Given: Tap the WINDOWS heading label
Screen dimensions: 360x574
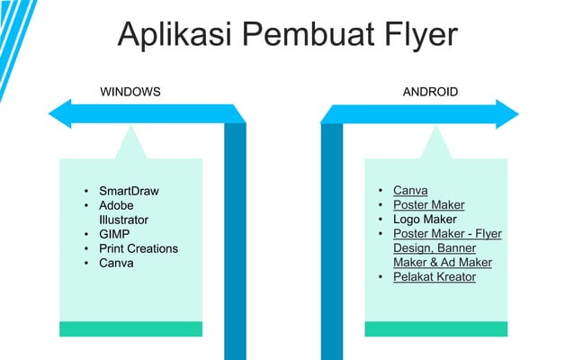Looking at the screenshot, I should pyautogui.click(x=130, y=92).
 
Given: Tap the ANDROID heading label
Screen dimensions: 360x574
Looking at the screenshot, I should pyautogui.click(x=430, y=92).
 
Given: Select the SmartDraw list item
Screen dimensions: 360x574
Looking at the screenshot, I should pyautogui.click(x=129, y=191).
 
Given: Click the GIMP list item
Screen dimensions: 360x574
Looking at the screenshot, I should pyautogui.click(x=114, y=234).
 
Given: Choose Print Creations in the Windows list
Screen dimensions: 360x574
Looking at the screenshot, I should pyautogui.click(x=139, y=248).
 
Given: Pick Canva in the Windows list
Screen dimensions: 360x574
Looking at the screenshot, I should pyautogui.click(x=116, y=263).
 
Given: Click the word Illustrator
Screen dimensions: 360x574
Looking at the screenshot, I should pyautogui.click(x=124, y=220).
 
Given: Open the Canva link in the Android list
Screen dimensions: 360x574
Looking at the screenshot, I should pyautogui.click(x=410, y=191).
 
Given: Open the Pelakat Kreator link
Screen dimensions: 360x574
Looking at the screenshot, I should pyautogui.click(x=435, y=277).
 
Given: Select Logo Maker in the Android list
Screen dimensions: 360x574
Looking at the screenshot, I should pyautogui.click(x=425, y=220).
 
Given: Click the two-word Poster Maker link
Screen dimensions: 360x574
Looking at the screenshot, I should pyautogui.click(x=429, y=205).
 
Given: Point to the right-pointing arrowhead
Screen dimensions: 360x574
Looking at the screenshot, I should pyautogui.click(x=508, y=114).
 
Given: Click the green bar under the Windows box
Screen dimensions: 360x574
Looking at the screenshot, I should pyautogui.click(x=130, y=328).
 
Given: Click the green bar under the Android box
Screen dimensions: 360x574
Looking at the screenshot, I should pyautogui.click(x=435, y=328).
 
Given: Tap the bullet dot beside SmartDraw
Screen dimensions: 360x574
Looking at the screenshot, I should pyautogui.click(x=86, y=191).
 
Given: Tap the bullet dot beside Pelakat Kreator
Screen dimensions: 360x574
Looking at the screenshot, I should pyautogui.click(x=381, y=277).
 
